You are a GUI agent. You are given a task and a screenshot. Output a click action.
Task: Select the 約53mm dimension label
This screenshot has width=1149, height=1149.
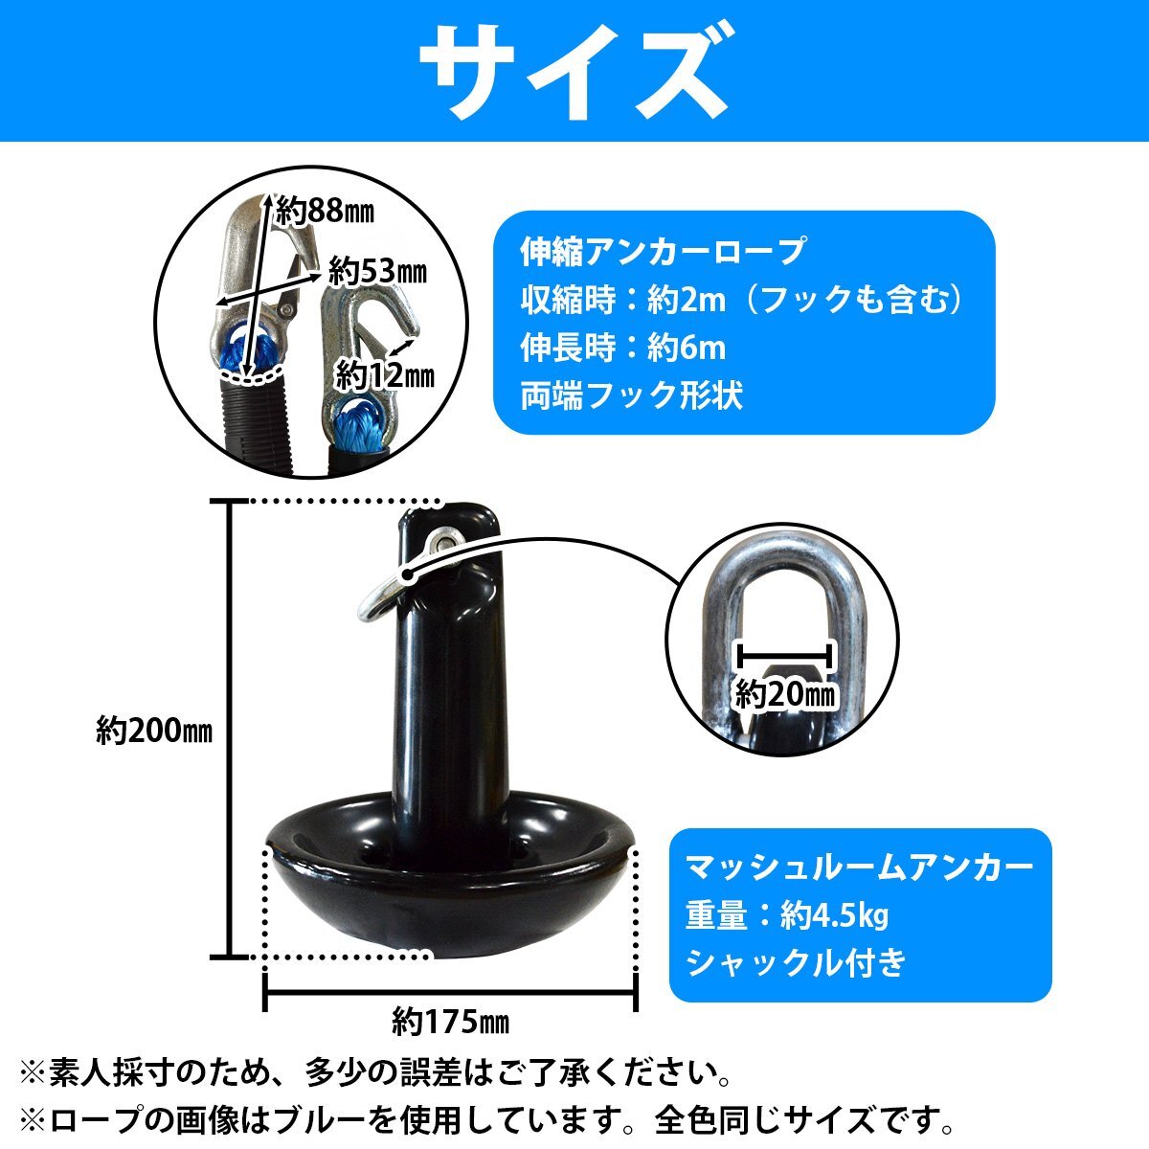[376, 272]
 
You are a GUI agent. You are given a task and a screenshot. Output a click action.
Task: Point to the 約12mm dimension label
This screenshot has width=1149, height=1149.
[384, 374]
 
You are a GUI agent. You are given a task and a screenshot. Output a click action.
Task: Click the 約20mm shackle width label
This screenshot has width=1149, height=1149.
[785, 693]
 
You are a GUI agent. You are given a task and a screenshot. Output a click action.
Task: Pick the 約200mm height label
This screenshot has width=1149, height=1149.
[153, 732]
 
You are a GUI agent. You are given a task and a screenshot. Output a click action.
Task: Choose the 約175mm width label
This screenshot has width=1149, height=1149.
[450, 1022]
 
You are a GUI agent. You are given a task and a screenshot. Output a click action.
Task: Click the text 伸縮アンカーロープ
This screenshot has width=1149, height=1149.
[662, 252]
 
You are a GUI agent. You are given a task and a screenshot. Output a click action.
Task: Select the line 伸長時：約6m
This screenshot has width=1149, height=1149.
[623, 348]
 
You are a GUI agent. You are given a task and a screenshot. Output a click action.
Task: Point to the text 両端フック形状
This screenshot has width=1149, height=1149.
[632, 395]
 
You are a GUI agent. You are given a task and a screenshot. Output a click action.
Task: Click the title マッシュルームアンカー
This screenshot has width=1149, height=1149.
[859, 867]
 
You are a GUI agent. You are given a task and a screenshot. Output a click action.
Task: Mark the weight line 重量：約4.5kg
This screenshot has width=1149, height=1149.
[787, 916]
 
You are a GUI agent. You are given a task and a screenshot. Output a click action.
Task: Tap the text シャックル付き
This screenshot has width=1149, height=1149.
[795, 962]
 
